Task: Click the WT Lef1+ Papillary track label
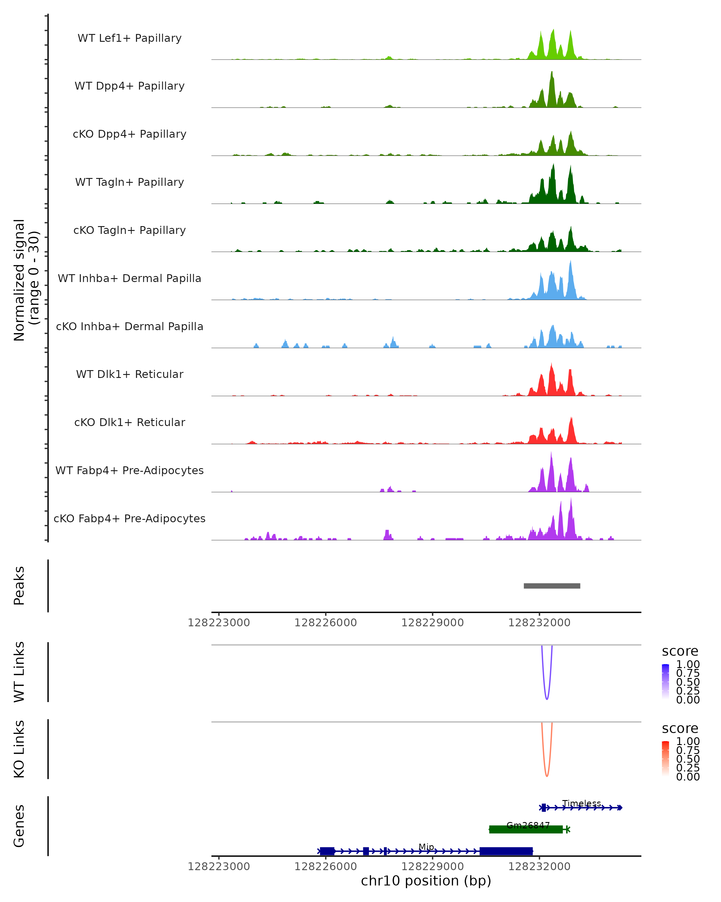click(129, 38)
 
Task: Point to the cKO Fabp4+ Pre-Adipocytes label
click(129, 518)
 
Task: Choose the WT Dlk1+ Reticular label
click(129, 374)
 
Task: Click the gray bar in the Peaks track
click(552, 586)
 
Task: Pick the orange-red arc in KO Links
click(547, 775)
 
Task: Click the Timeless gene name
click(581, 803)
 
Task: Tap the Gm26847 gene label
click(528, 825)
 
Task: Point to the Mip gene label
click(426, 847)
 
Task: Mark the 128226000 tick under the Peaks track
click(326, 623)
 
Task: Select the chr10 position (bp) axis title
click(426, 881)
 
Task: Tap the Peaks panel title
click(19, 586)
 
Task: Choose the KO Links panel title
click(19, 749)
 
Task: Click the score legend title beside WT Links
click(680, 651)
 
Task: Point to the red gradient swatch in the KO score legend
click(665, 758)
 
